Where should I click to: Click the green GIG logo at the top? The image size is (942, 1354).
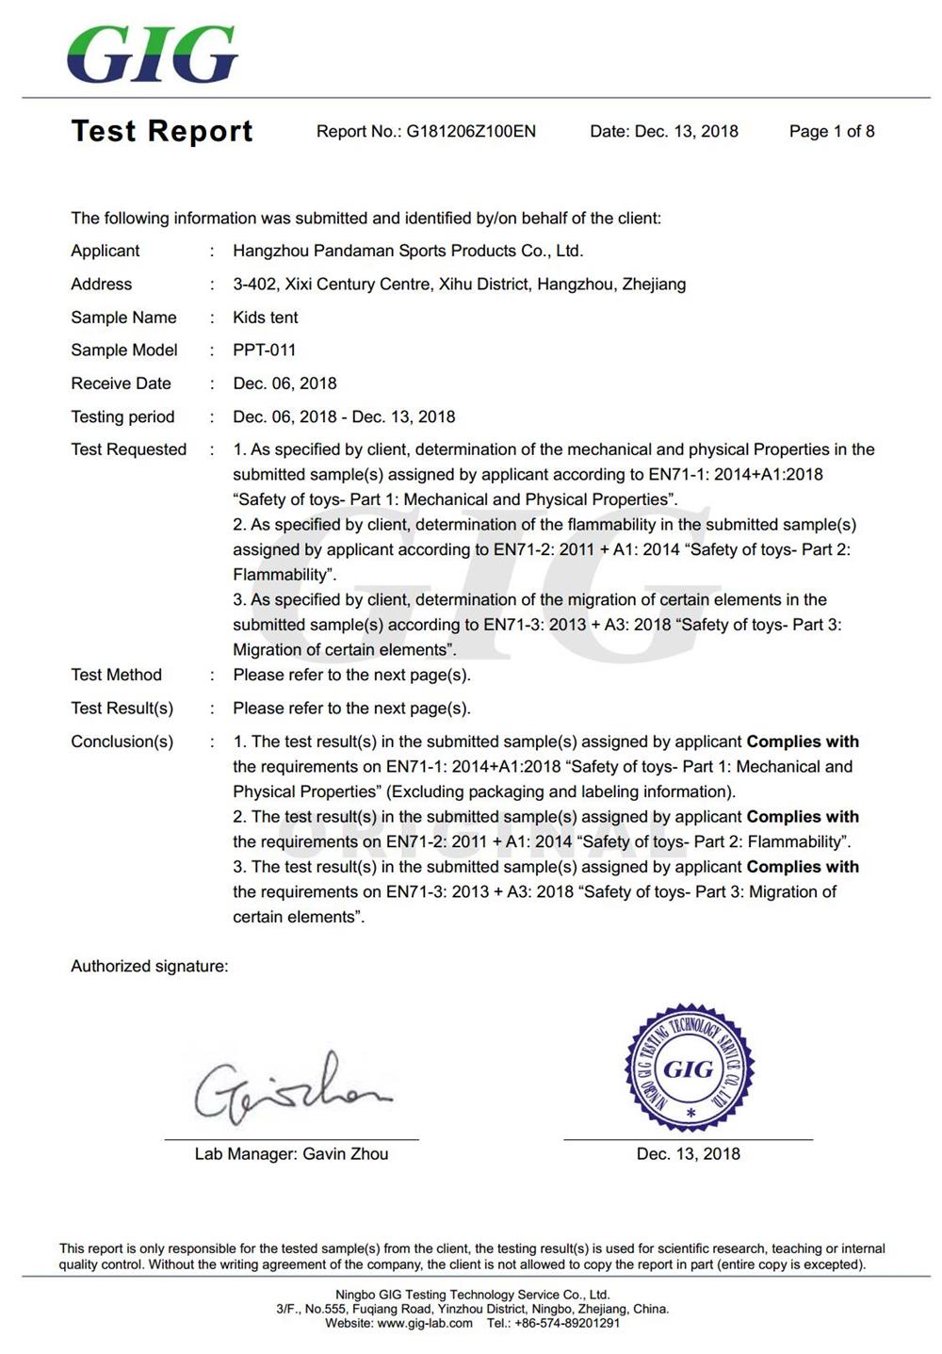153,54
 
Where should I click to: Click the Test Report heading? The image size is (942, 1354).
162,131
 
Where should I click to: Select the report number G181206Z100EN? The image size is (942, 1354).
471,132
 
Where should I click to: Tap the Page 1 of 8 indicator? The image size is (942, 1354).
832,132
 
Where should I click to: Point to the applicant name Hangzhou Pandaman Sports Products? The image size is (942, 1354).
408,251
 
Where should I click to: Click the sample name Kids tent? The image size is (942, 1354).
266,318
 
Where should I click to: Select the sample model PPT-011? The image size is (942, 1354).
265,351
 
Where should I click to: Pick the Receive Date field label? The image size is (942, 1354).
121,383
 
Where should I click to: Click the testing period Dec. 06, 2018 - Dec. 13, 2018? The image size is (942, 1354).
344,416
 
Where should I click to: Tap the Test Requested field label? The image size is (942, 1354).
129,449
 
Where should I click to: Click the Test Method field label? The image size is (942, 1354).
116,675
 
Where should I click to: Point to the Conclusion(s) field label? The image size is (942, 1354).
122,742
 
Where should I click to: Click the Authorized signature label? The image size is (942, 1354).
149,966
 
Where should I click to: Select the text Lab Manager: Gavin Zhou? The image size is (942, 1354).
291,1154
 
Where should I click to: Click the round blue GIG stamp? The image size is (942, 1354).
690,1069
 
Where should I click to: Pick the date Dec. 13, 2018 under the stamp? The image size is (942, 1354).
689,1154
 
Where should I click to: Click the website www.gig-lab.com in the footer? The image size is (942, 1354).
425,1324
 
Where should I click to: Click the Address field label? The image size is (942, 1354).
101,285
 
